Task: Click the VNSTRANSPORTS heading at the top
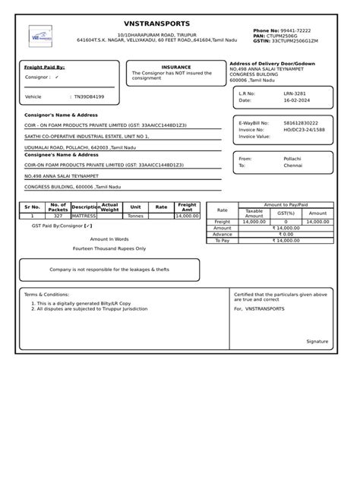157,24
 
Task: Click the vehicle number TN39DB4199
89,97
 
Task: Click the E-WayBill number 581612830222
301,123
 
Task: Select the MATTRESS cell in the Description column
84,216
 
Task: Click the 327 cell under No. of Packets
58,216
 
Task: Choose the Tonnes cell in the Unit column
135,216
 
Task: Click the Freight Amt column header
187,207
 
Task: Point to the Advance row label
223,234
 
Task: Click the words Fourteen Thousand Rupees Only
109,248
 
